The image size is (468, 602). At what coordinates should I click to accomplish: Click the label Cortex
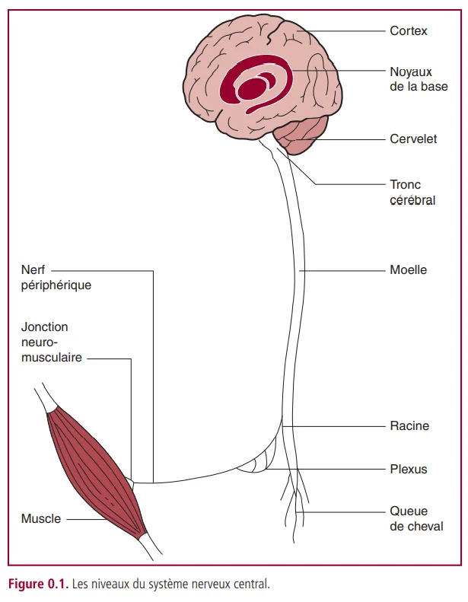coord(409,31)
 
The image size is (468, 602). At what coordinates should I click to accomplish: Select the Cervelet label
coord(413,140)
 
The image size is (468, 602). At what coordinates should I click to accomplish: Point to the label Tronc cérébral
coord(412,193)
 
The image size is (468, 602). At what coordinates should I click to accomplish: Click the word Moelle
coord(408,270)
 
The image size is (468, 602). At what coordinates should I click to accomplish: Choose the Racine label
coord(409,426)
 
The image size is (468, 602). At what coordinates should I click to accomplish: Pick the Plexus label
coord(409,470)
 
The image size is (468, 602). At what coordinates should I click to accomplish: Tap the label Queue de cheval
coord(416,518)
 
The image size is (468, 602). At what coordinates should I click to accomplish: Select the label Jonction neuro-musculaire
coord(51,342)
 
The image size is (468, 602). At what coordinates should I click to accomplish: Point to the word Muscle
coord(41,519)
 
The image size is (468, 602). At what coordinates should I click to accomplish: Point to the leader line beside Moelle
coord(342,270)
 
